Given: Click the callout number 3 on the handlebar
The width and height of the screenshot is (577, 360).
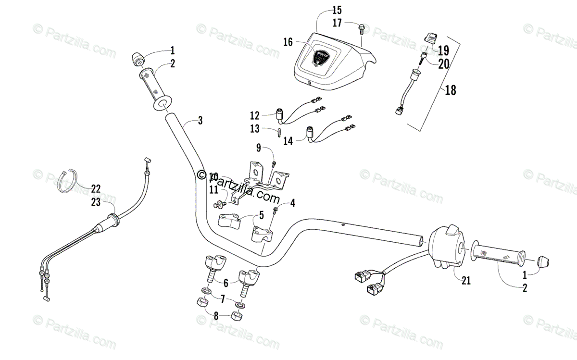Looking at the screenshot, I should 200,121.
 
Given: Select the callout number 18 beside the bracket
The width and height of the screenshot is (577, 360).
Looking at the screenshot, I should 451,89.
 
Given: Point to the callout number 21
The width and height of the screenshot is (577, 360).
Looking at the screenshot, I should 465,280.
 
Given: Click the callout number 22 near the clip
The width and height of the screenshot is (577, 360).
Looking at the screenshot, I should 96,188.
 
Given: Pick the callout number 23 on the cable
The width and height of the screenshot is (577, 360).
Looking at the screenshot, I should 96,202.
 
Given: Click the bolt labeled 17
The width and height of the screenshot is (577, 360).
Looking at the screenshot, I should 361,29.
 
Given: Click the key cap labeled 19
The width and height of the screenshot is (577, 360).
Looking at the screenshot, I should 430,37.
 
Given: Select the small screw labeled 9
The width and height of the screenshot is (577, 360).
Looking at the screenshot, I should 274,164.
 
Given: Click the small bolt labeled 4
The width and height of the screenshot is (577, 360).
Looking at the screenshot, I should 276,210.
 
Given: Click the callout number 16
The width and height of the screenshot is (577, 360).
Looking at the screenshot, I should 288,42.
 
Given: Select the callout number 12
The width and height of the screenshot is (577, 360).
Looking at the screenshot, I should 254,115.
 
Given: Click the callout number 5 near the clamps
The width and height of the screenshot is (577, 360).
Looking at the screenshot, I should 262,215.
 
